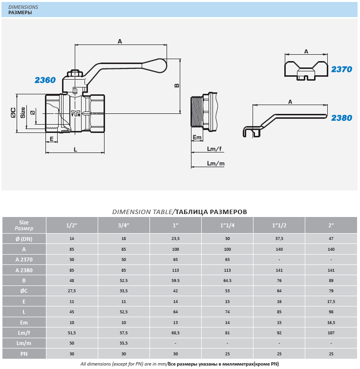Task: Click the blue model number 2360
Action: (45, 80)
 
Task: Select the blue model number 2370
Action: (341, 69)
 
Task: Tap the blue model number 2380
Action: (341, 118)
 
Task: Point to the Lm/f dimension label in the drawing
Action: (214, 149)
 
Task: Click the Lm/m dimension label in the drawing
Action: (215, 163)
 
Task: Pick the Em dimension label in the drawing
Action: (196, 137)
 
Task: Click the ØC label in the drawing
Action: (14, 113)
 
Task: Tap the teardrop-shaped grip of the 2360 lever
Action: (154, 65)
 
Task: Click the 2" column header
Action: (331, 225)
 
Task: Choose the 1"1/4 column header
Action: (227, 225)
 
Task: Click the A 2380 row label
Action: (24, 270)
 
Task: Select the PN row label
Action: (24, 354)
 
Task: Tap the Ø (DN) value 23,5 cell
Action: (175, 239)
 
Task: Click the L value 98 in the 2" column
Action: (331, 312)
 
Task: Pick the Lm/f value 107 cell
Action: (331, 333)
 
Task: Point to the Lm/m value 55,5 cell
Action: (124, 344)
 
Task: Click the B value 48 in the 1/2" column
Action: (72, 281)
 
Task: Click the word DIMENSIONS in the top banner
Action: (23, 7)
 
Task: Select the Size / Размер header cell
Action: (24, 225)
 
